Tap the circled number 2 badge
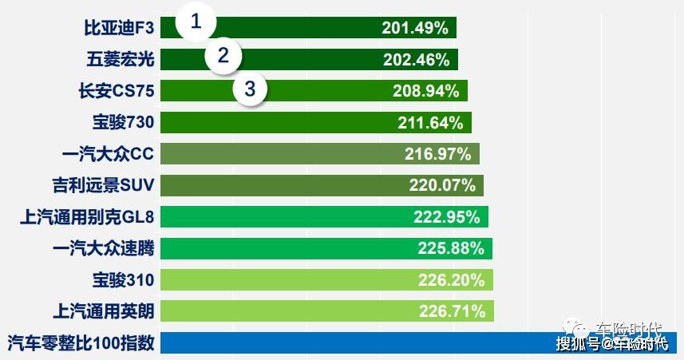(223, 56)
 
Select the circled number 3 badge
(251, 89)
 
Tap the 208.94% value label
(426, 91)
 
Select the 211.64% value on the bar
(430, 123)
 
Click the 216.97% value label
(438, 154)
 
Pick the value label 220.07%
(442, 186)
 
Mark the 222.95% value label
(447, 217)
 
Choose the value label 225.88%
(451, 248)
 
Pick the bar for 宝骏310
(327, 280)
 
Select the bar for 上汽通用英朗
(327, 311)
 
